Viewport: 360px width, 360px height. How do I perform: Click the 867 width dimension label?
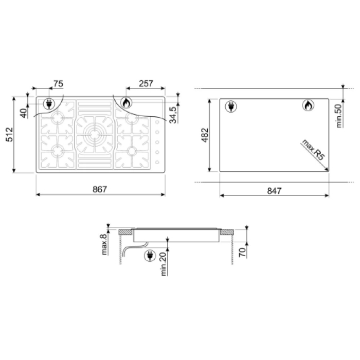[100, 189]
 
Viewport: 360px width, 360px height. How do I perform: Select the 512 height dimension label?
[10, 134]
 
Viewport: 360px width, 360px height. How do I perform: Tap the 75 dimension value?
[58, 83]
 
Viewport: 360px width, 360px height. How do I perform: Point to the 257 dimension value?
[146, 83]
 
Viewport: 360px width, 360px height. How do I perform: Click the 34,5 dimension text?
[173, 115]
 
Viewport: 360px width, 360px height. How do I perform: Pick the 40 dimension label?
[24, 113]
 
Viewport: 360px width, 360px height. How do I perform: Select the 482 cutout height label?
[205, 135]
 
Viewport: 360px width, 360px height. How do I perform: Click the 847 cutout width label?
[274, 191]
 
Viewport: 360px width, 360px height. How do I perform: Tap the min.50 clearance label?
[339, 116]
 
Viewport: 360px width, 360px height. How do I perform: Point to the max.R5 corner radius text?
[313, 150]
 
